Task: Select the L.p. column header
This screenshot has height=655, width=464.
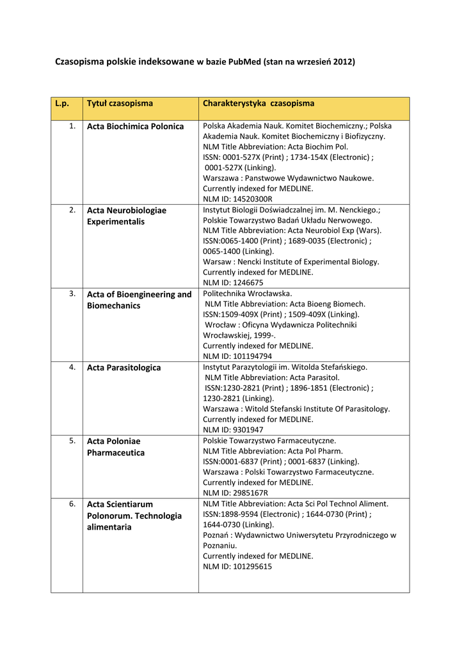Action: [x=62, y=103]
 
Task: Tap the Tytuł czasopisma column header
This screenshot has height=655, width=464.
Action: [x=120, y=103]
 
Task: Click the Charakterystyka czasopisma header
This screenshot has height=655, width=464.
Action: [x=259, y=103]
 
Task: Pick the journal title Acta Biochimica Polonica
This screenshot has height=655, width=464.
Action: [x=135, y=127]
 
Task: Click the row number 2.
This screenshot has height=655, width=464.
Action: [x=72, y=210]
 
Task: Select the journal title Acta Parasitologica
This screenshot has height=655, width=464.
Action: [x=124, y=368]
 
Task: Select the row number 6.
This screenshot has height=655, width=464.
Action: [x=72, y=504]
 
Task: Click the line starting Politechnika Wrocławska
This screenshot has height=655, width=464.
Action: [x=238, y=294]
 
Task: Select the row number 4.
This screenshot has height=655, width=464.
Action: [x=72, y=367]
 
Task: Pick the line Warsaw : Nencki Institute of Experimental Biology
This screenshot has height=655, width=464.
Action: [x=291, y=262]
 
